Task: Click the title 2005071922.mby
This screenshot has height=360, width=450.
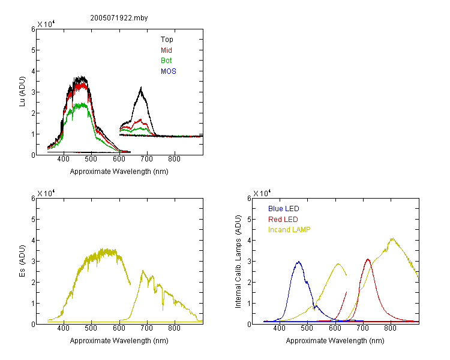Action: [x=119, y=18]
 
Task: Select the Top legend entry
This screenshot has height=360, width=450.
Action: [x=167, y=40]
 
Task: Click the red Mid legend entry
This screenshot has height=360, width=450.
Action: [x=166, y=50]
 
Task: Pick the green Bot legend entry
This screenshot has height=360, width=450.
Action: [x=166, y=61]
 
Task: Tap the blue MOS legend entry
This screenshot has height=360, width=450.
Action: [x=169, y=71]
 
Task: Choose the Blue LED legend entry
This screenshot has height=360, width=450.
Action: [x=284, y=209]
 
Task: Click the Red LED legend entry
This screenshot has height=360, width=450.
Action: [x=283, y=220]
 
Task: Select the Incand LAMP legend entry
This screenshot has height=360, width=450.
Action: [x=289, y=230]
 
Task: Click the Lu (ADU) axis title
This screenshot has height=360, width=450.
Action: [x=22, y=92]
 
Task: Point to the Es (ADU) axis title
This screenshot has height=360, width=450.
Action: [x=22, y=261]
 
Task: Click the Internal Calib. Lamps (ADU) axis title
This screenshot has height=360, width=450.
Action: [x=238, y=261]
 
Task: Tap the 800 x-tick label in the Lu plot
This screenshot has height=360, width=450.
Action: [x=174, y=159]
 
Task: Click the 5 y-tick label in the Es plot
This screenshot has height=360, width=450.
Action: [x=33, y=220]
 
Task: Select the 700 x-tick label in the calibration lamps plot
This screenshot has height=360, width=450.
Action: [x=363, y=328]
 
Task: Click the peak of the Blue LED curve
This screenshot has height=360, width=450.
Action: [x=298, y=262]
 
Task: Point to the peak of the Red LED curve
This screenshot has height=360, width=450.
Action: [x=368, y=259]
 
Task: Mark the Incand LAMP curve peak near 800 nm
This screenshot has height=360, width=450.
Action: [x=392, y=238]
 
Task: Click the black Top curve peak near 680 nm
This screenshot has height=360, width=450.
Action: [x=141, y=87]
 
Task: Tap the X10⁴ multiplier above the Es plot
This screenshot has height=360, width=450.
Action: [x=46, y=193]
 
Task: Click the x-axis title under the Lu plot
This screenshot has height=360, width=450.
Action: [x=119, y=172]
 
